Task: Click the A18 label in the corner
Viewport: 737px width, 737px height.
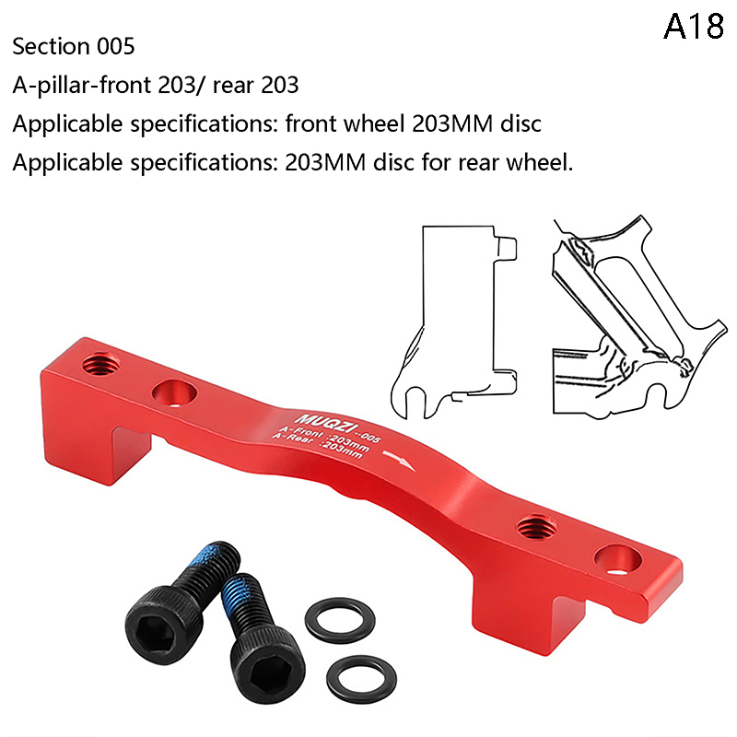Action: coord(694,27)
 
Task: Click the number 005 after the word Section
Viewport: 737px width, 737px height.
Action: coord(116,47)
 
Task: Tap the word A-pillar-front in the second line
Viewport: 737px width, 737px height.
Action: coord(81,86)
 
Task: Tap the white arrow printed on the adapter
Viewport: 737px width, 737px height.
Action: coord(399,461)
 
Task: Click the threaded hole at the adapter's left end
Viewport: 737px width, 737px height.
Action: coord(100,363)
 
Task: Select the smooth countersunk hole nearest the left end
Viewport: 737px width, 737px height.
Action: coord(174,393)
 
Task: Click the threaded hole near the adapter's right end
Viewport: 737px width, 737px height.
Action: coord(537,527)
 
